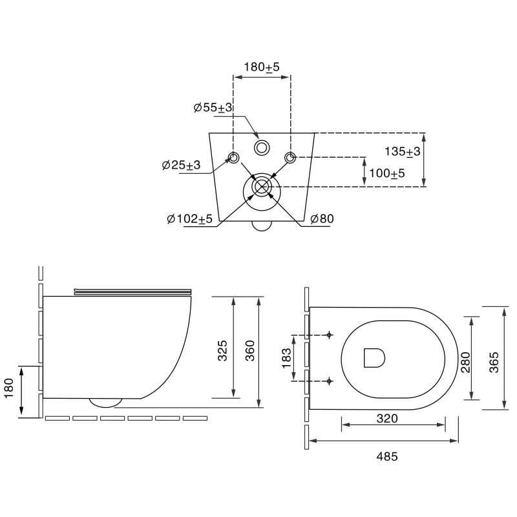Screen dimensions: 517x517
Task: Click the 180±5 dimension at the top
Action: pyautogui.click(x=262, y=67)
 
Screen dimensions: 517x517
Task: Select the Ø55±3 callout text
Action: pyautogui.click(x=213, y=107)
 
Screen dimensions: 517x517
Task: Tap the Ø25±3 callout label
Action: pyautogui.click(x=181, y=165)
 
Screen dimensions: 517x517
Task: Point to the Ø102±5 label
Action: pyautogui.click(x=189, y=218)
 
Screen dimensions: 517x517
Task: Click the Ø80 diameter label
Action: pyautogui.click(x=322, y=218)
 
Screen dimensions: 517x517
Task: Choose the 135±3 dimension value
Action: pyautogui.click(x=402, y=151)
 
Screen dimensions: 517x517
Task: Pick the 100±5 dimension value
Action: pyautogui.click(x=386, y=173)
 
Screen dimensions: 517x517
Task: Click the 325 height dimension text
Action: pyautogui.click(x=222, y=350)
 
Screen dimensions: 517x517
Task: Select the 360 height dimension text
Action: pyautogui.click(x=250, y=350)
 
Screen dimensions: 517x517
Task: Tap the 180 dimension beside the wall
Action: pyautogui.click(x=8, y=388)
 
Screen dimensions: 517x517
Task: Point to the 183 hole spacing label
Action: pyautogui.click(x=286, y=358)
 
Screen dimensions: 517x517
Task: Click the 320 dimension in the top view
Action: pyautogui.click(x=387, y=418)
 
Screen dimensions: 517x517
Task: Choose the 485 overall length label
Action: pyautogui.click(x=387, y=456)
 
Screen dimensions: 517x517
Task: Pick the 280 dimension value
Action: pyautogui.click(x=465, y=362)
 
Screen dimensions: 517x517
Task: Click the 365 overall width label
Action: pyautogui.click(x=494, y=362)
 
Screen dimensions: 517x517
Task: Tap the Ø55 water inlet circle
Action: pyautogui.click(x=262, y=148)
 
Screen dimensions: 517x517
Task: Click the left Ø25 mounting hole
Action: pyautogui.click(x=234, y=158)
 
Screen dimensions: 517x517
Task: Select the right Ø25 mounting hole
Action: pyautogui.click(x=290, y=158)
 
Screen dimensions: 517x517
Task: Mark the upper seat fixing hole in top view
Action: pyautogui.click(x=329, y=335)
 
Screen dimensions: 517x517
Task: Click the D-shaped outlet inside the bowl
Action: pyautogui.click(x=374, y=358)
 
